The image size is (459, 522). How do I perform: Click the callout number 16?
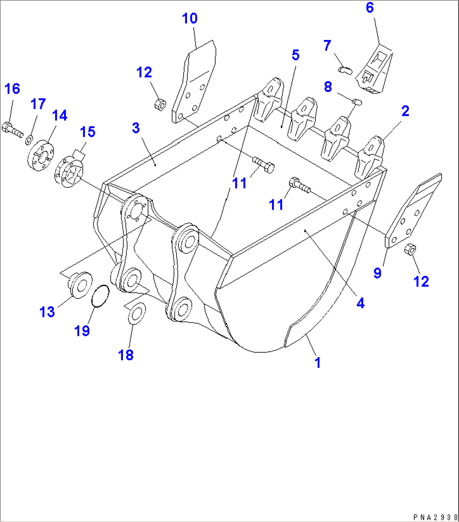pyautogui.click(x=12, y=89)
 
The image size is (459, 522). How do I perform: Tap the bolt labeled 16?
pyautogui.click(x=13, y=129)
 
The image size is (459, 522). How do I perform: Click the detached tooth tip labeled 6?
pyautogui.click(x=374, y=70)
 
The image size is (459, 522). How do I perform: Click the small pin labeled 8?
pyautogui.click(x=357, y=101)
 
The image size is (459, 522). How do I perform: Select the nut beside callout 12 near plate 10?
pyautogui.click(x=160, y=102)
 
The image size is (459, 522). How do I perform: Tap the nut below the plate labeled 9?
pyautogui.click(x=409, y=250)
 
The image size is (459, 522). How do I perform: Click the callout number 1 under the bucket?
pyautogui.click(x=318, y=362)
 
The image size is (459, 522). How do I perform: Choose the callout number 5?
pyautogui.click(x=295, y=55)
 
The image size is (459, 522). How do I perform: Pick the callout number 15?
pyautogui.click(x=87, y=132)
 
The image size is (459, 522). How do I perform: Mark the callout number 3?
pyautogui.click(x=136, y=128)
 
